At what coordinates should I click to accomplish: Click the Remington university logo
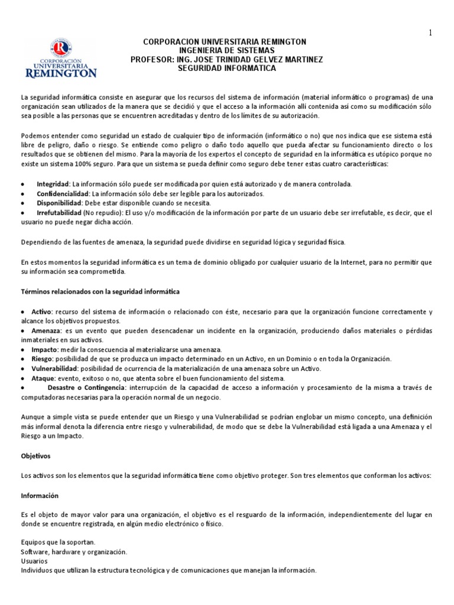60,58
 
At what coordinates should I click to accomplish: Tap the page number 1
430,34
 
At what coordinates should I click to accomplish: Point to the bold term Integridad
53,184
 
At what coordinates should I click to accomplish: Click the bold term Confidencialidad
63,194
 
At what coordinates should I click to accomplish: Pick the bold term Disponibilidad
58,203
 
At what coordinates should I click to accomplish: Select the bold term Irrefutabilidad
59,213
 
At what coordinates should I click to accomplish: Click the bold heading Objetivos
36,456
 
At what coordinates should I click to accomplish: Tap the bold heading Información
40,495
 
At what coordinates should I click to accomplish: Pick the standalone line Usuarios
34,561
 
